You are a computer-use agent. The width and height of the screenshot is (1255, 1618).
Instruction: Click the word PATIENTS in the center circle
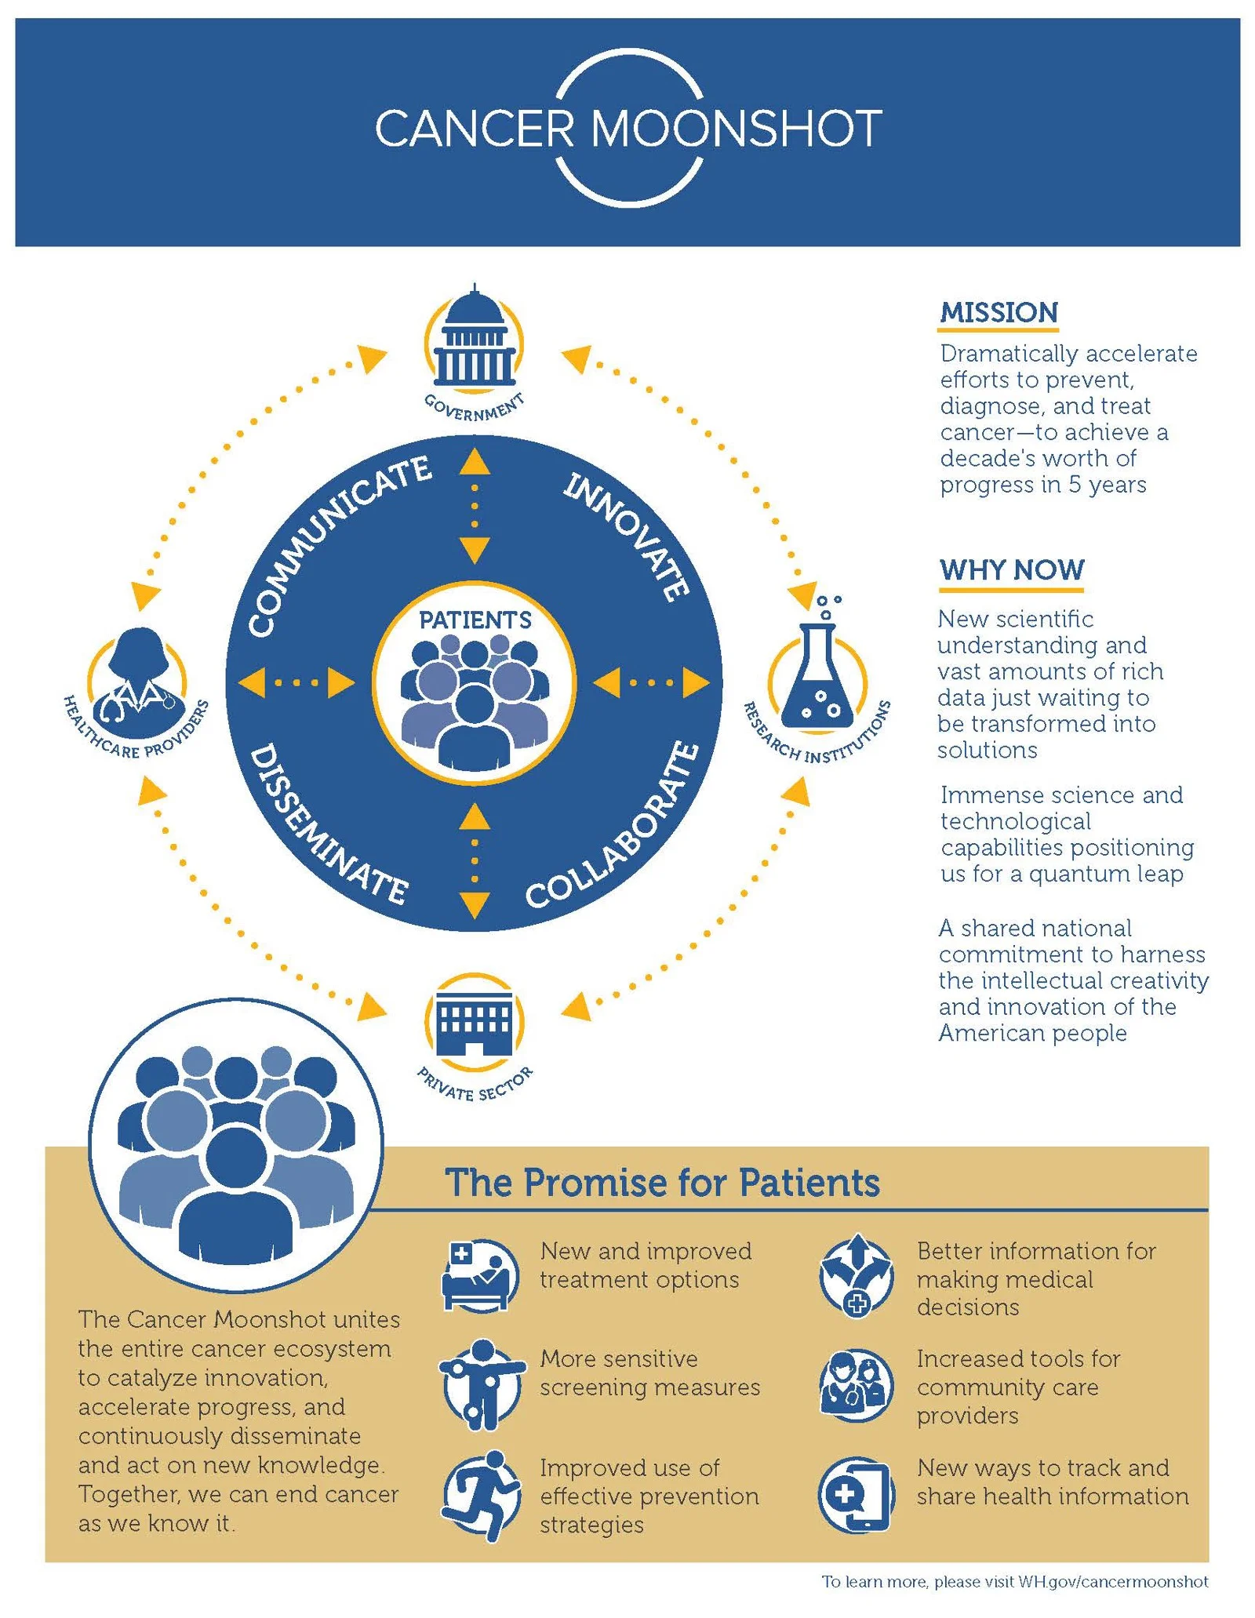475,620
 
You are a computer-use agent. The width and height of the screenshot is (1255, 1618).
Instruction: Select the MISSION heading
999,312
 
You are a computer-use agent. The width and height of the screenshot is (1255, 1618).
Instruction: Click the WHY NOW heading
1012,569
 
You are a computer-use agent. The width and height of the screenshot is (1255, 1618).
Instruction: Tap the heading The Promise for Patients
662,1183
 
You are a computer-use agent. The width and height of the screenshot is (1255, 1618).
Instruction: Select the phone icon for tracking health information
857,1496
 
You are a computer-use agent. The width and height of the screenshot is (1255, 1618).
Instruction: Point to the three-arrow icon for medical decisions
857,1275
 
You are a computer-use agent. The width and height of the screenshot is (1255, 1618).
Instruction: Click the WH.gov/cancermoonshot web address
1112,1582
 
